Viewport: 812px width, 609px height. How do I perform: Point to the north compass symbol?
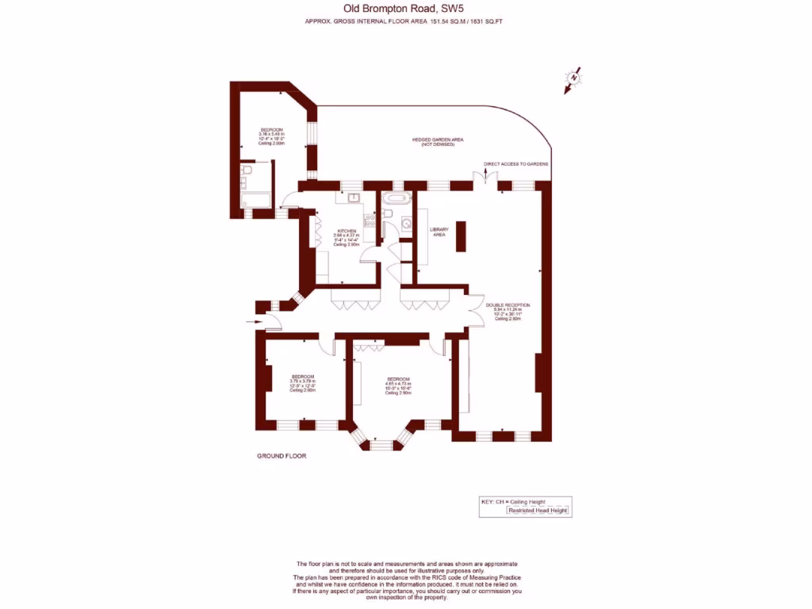click(x=573, y=79)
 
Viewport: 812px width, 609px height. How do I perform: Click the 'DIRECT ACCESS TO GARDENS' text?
click(x=516, y=164)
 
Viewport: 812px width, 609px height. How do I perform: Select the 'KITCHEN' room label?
click(x=346, y=231)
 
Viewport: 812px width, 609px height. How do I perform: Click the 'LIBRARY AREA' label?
click(x=438, y=232)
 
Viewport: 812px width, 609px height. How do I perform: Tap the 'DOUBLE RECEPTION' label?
click(x=507, y=305)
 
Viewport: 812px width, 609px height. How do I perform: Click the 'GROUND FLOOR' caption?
click(x=282, y=456)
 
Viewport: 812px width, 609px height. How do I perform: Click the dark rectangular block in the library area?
click(x=461, y=236)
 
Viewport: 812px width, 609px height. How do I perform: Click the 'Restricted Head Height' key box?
click(x=538, y=511)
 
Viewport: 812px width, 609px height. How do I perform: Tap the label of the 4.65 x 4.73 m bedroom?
click(x=398, y=380)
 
